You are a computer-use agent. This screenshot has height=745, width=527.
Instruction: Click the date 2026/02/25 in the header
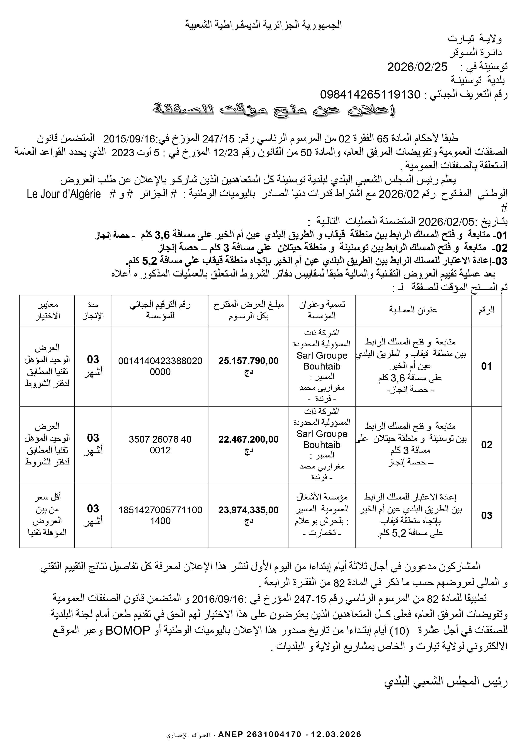point(417,67)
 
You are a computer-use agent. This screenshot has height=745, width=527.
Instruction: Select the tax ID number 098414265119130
point(370,95)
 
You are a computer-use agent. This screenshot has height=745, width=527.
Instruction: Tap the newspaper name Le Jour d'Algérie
point(64,194)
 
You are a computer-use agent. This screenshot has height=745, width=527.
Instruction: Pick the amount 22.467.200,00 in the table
point(248,439)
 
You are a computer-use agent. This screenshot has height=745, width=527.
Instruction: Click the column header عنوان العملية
point(413,310)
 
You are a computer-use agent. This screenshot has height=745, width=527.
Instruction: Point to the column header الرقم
point(486,310)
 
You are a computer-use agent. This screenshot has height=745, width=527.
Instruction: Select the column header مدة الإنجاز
point(93,310)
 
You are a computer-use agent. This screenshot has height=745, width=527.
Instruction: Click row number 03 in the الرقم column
point(486,515)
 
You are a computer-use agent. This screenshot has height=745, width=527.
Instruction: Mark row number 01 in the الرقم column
point(486,366)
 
